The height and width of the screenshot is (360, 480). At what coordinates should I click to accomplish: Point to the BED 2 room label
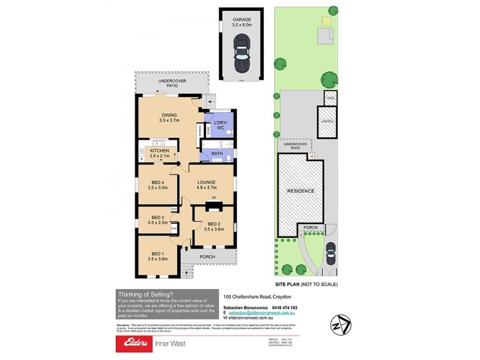(214, 225)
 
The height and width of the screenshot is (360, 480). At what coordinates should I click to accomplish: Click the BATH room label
(217, 154)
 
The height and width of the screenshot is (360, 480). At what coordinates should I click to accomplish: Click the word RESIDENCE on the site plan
(300, 191)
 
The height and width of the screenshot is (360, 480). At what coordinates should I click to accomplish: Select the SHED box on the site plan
(329, 96)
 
